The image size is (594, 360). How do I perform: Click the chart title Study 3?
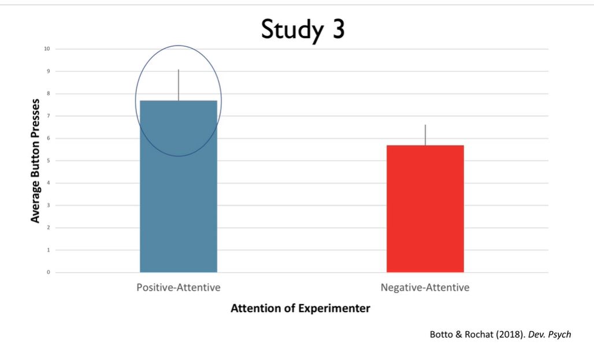pyautogui.click(x=302, y=29)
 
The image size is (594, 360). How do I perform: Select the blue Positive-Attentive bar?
pyautogui.click(x=179, y=191)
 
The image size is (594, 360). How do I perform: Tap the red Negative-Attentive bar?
pyautogui.click(x=425, y=208)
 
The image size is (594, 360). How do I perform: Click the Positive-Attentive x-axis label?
pyautogui.click(x=178, y=287)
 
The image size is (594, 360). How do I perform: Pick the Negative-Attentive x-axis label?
pyautogui.click(x=425, y=287)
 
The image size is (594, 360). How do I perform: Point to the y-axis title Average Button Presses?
pyautogui.click(x=36, y=160)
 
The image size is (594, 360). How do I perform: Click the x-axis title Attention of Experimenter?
pyautogui.click(x=300, y=308)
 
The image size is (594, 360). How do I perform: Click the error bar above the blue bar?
pyautogui.click(x=179, y=84)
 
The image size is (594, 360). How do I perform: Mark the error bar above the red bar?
pyautogui.click(x=425, y=135)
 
